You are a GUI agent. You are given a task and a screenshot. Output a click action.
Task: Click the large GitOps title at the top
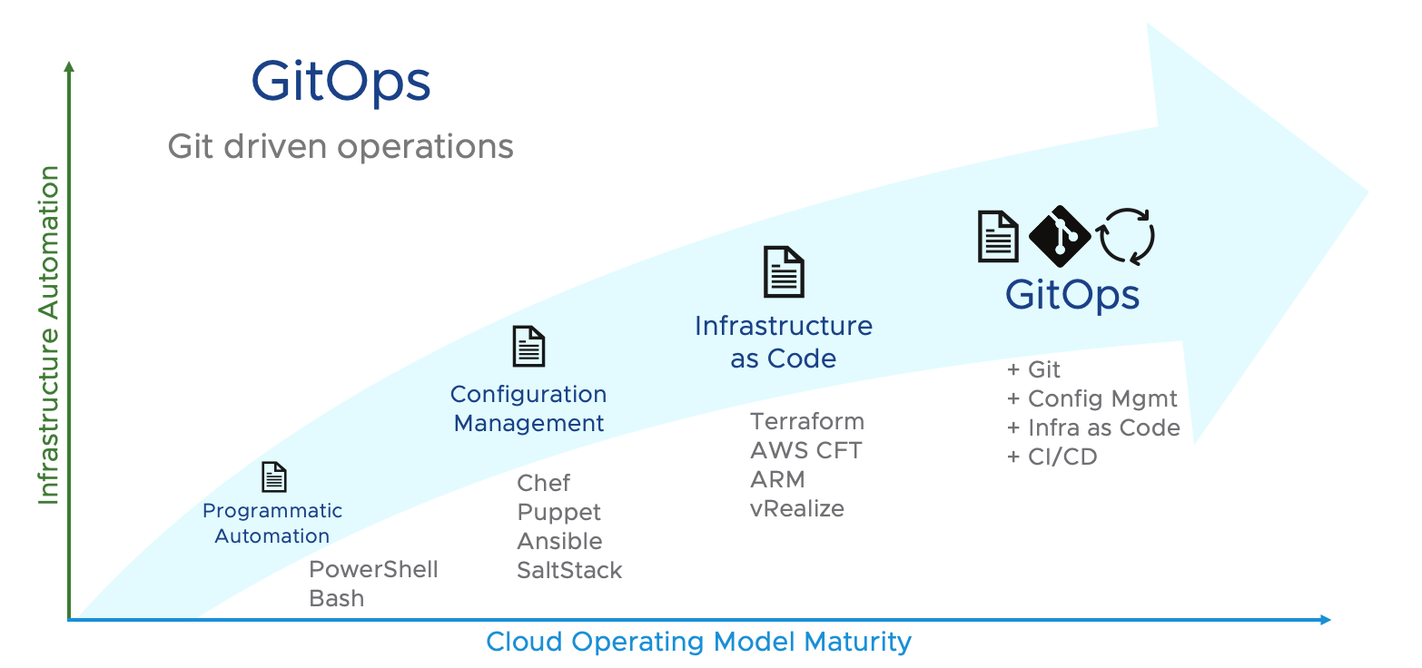pyautogui.click(x=341, y=83)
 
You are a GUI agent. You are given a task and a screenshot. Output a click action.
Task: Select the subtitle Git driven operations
pyautogui.click(x=341, y=146)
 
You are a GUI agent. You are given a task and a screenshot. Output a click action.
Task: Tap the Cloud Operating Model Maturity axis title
pyautogui.click(x=698, y=643)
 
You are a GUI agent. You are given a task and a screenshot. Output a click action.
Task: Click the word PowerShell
pyautogui.click(x=373, y=570)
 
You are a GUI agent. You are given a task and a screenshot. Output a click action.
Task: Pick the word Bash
pyautogui.click(x=336, y=599)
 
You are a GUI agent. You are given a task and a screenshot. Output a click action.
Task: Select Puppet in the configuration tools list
pyautogui.click(x=558, y=513)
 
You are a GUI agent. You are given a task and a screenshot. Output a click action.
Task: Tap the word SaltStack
pyautogui.click(x=569, y=571)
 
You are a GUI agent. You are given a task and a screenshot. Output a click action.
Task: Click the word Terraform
pyautogui.click(x=806, y=422)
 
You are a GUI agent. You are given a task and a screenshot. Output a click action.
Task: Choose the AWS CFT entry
pyautogui.click(x=805, y=451)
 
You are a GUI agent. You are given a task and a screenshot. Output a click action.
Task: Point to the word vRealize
pyautogui.click(x=796, y=509)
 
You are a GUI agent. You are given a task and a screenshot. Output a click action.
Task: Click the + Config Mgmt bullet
pyautogui.click(x=1091, y=398)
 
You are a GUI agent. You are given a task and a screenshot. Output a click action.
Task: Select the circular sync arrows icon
pyautogui.click(x=1126, y=237)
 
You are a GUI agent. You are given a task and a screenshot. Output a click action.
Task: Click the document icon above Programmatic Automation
pyautogui.click(x=273, y=476)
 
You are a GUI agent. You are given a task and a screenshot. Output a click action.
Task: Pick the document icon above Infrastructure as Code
pyautogui.click(x=783, y=271)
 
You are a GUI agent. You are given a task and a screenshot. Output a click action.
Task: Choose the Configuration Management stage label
pyautogui.click(x=528, y=409)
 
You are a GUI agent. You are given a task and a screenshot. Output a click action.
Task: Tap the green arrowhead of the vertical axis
pyautogui.click(x=69, y=66)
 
